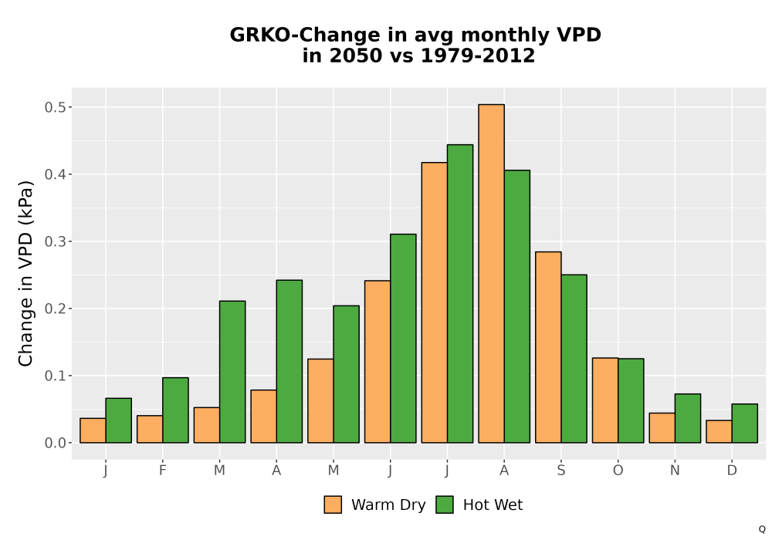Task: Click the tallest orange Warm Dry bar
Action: point(491,273)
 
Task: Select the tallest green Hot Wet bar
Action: point(460,294)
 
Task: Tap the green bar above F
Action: point(175,410)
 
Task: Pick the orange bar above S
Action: point(548,347)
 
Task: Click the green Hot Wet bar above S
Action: point(574,359)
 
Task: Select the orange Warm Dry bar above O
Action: point(605,400)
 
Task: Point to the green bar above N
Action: point(688,418)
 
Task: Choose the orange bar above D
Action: point(719,431)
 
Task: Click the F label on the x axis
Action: point(162,471)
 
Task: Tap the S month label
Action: point(561,471)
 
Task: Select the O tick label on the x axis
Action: point(618,471)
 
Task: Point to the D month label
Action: point(732,471)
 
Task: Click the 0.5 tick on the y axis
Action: point(55,107)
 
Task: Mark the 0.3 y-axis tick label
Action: point(55,241)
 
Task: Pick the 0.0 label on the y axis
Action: point(55,443)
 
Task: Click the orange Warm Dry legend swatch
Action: point(333,505)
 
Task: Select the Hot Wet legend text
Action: point(493,505)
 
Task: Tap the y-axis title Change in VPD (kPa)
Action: point(25,274)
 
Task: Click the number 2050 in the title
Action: point(355,56)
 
